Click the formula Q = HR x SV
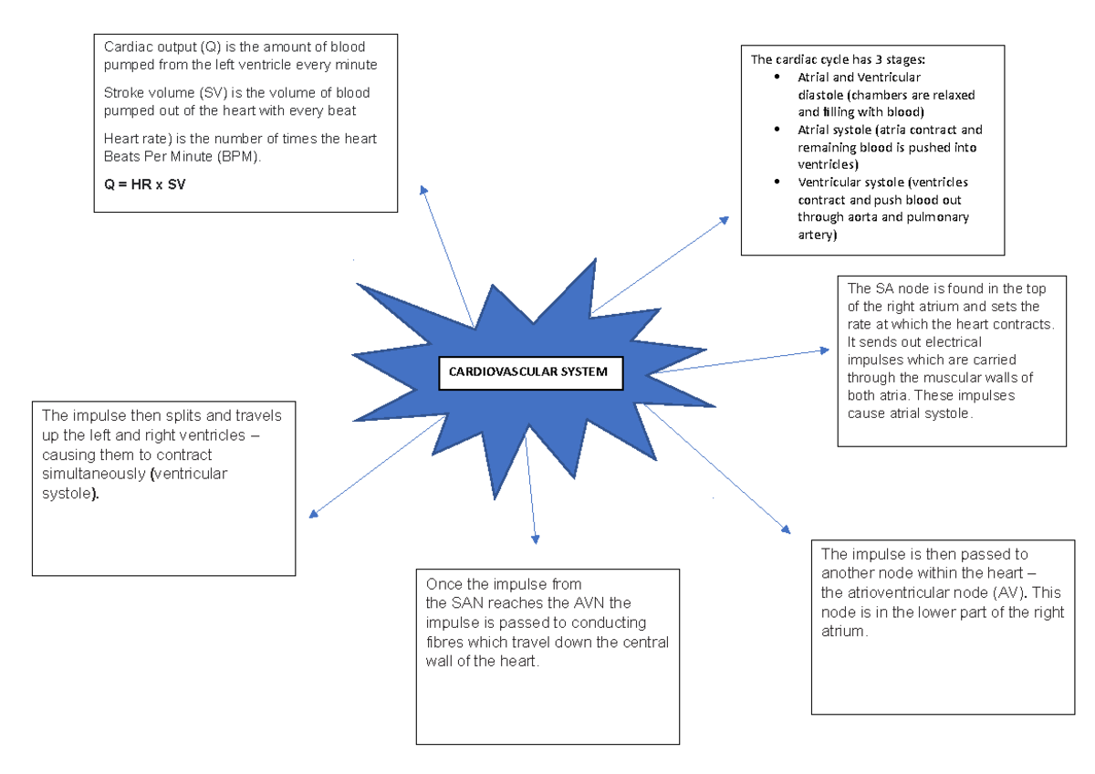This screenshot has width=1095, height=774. [x=145, y=182]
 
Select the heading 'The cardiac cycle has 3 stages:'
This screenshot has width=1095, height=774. [x=838, y=60]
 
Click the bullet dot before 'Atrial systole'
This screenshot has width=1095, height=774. [x=777, y=130]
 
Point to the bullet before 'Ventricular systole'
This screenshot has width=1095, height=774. [x=777, y=183]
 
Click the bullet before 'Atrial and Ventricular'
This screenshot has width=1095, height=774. [x=777, y=78]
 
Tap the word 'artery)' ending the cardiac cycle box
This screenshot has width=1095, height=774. [x=816, y=235]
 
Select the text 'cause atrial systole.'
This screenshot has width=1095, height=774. [x=911, y=413]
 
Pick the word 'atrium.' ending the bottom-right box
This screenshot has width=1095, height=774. [x=843, y=631]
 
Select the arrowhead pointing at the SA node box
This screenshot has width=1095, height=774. [x=820, y=350]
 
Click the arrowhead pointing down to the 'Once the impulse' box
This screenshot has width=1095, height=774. [x=536, y=539]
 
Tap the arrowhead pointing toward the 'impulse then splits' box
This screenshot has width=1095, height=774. [x=313, y=514]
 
